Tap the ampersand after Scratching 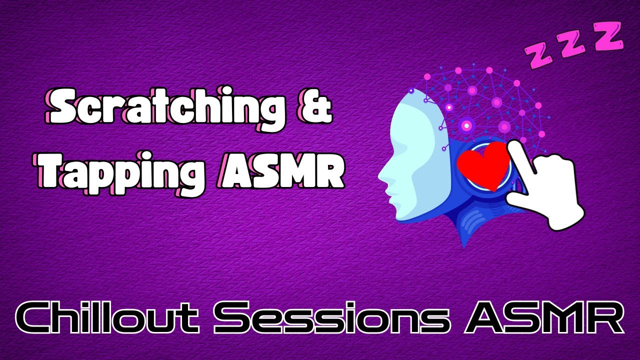click(x=316, y=109)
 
